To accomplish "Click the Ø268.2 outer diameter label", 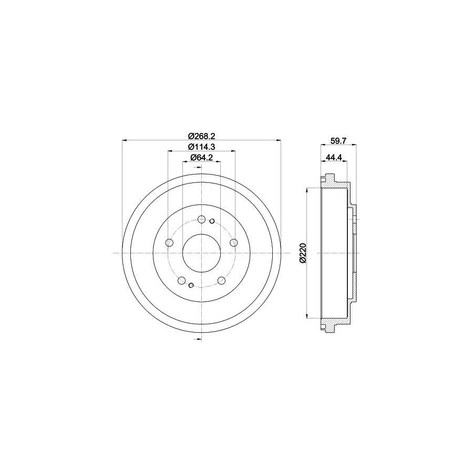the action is (x=201, y=136).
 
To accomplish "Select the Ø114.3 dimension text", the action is (x=201, y=147).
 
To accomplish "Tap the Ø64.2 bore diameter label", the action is (x=201, y=158).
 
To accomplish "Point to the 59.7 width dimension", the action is (x=338, y=140).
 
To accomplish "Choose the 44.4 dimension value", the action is (x=333, y=157).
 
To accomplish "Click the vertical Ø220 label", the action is (x=303, y=253).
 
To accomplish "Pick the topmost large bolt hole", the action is (x=201, y=219).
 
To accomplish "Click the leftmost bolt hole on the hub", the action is (x=170, y=242).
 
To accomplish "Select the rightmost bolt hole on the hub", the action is (x=233, y=242).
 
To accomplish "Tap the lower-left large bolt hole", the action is (x=182, y=281).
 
